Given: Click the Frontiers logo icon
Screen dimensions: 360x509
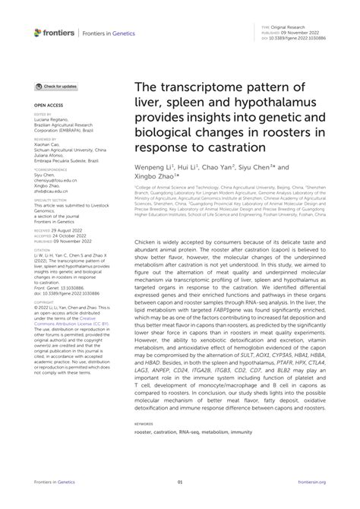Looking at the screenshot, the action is point(38,33).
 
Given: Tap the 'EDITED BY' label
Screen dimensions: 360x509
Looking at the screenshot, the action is point(43,114).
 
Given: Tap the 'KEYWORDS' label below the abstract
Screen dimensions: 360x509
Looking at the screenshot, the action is point(142,424).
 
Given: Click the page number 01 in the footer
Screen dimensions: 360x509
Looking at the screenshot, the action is point(180,482).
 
